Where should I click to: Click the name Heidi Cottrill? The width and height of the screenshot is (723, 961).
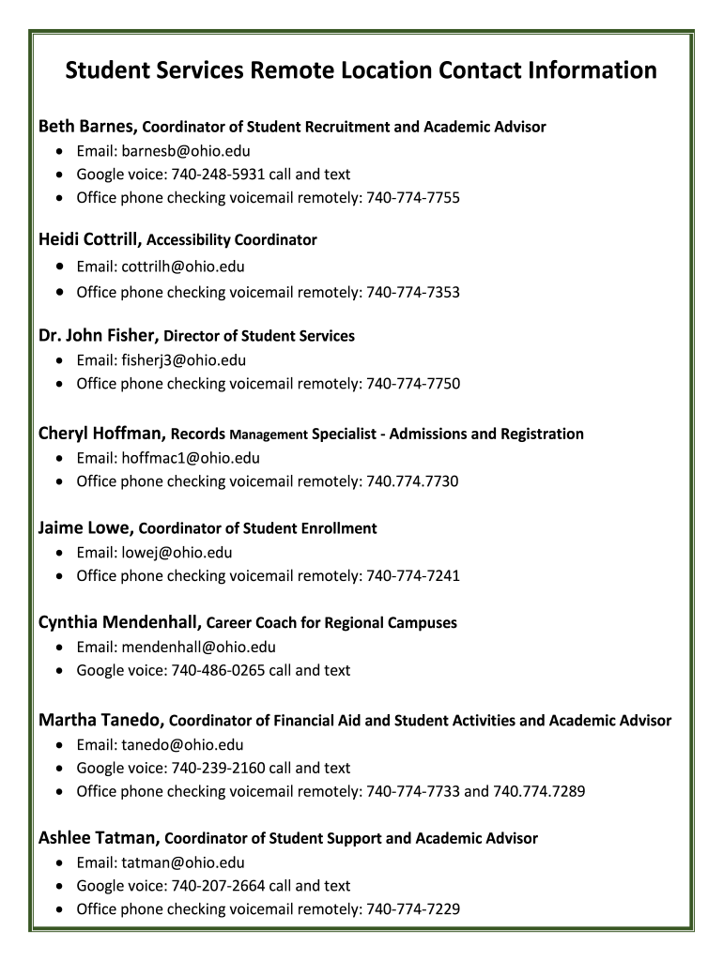(x=89, y=239)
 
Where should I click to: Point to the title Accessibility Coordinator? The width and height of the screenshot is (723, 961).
(x=232, y=240)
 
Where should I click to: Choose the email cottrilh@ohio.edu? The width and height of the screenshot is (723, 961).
(x=183, y=267)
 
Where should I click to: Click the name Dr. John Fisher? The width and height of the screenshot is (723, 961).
(x=99, y=335)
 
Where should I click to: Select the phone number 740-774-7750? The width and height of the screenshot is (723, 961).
(x=413, y=383)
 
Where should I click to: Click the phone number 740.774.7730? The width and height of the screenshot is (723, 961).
(x=412, y=481)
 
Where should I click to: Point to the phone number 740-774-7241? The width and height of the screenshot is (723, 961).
(x=413, y=575)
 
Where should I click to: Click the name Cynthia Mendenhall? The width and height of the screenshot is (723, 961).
(x=118, y=622)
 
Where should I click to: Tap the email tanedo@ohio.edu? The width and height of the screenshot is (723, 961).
(x=182, y=745)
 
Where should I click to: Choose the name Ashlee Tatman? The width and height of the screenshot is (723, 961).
(x=99, y=837)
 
